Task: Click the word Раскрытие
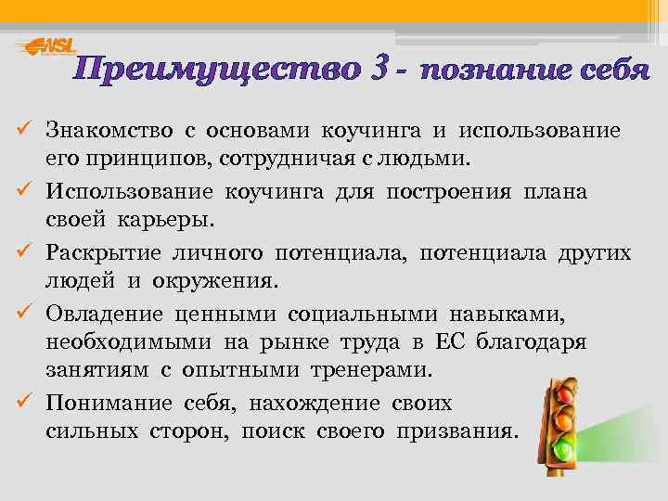pos(105,253)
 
